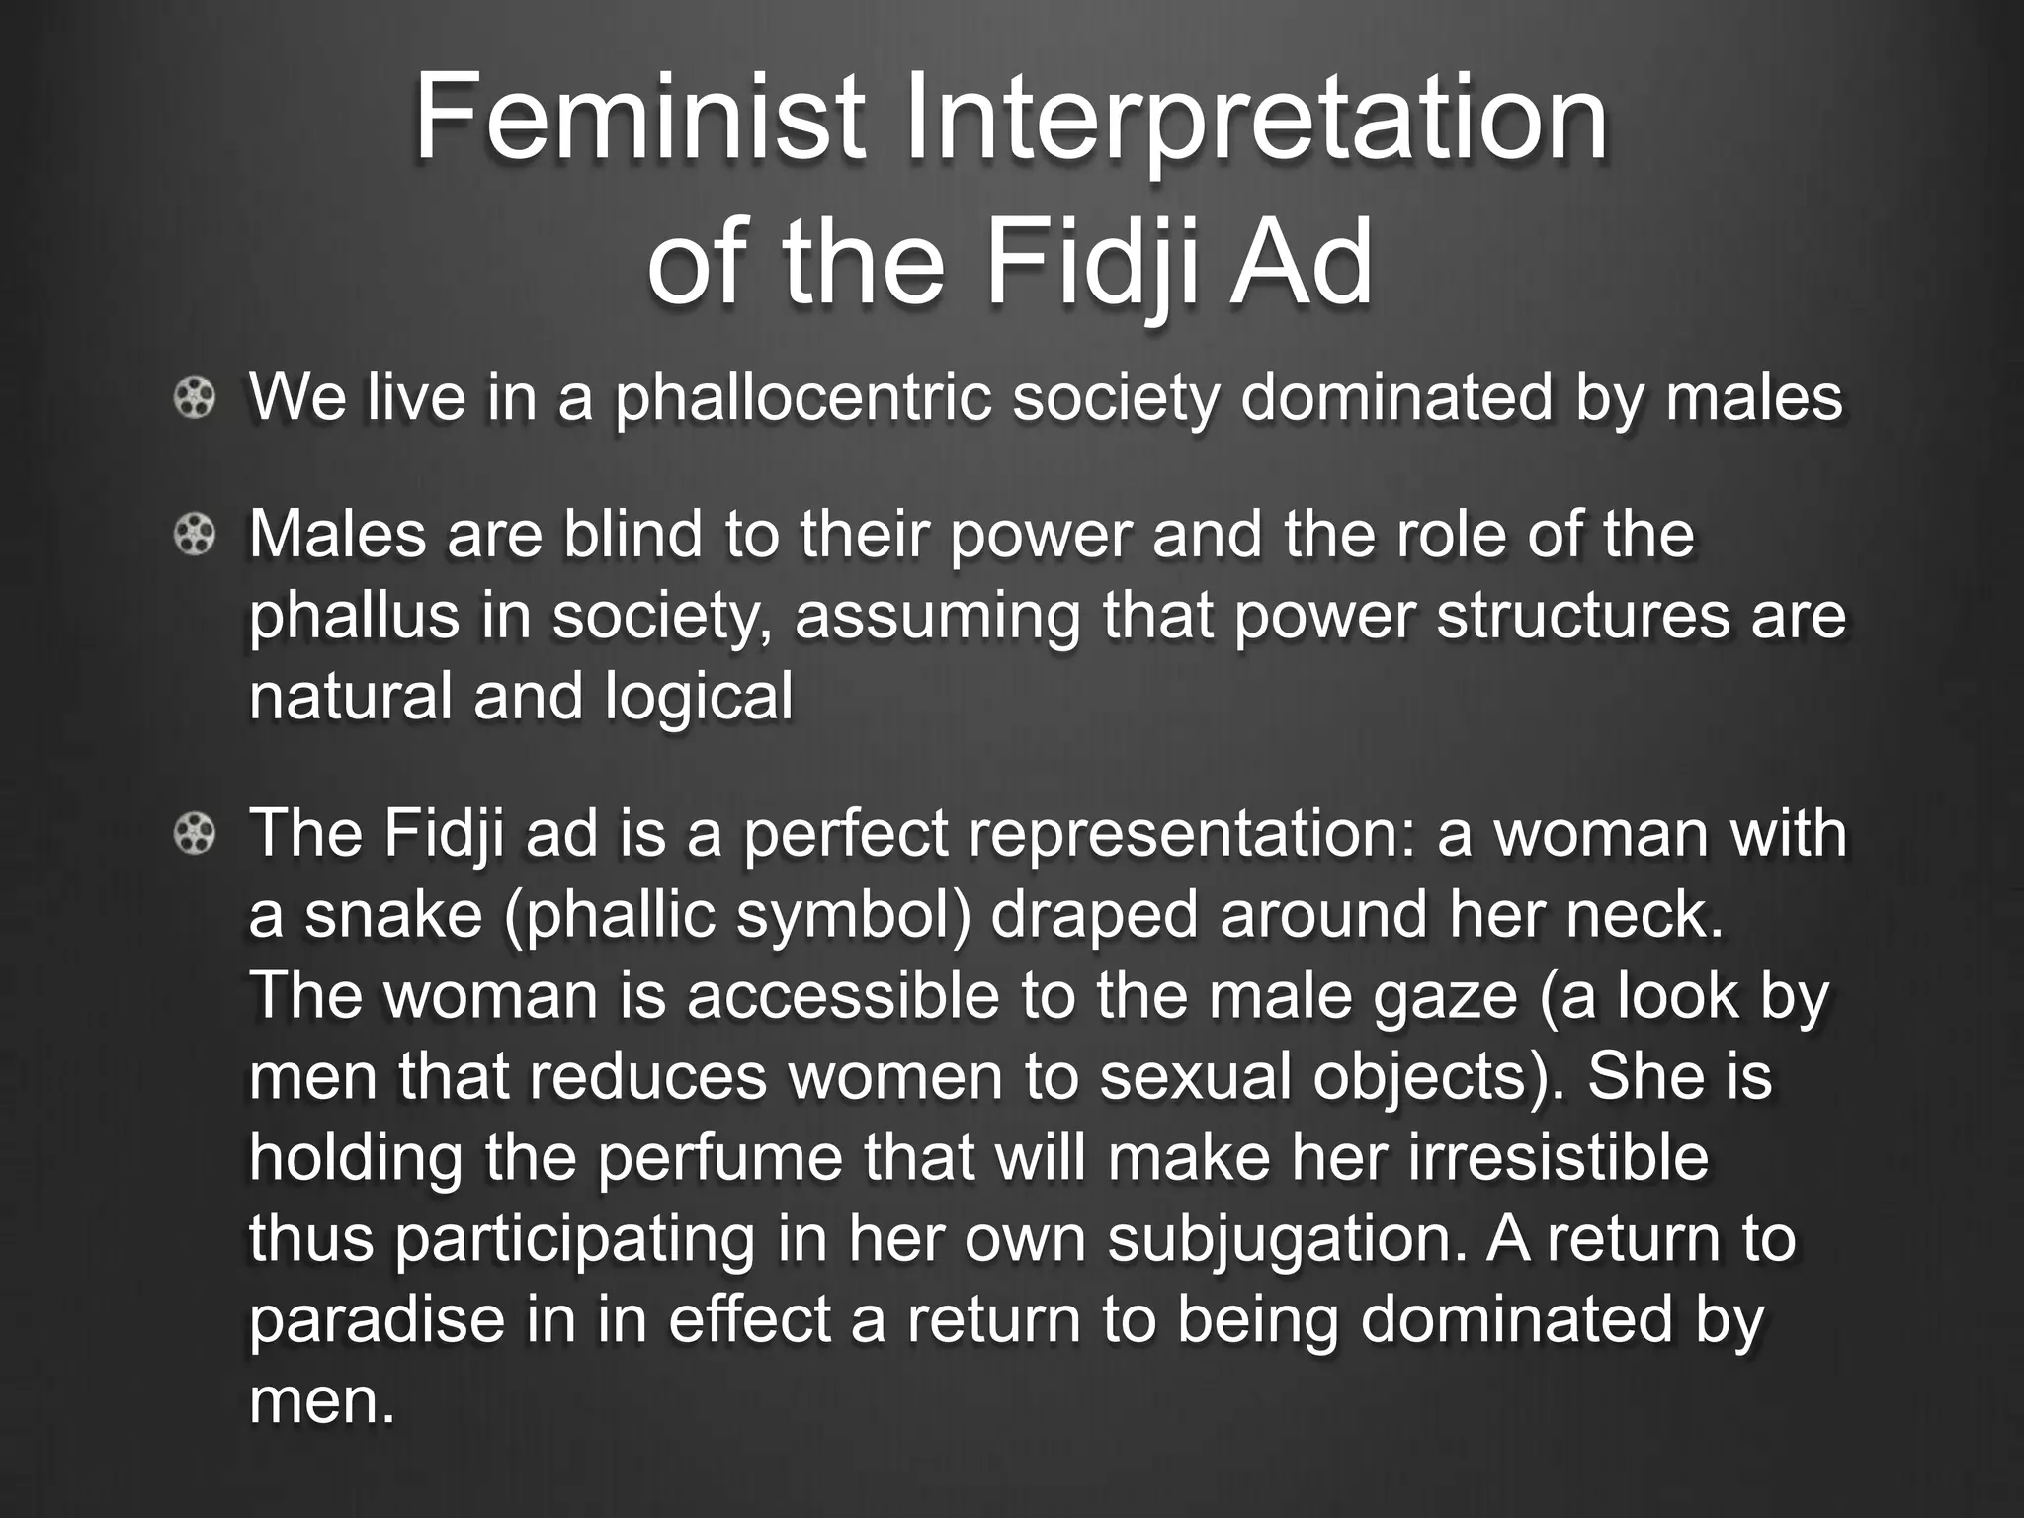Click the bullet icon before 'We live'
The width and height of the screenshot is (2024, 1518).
click(194, 399)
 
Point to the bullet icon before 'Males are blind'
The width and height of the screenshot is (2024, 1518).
click(194, 536)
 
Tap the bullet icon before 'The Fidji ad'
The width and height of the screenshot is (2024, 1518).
click(194, 835)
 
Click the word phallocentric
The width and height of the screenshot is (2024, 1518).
click(802, 398)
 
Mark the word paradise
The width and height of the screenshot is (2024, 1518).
click(376, 1320)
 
